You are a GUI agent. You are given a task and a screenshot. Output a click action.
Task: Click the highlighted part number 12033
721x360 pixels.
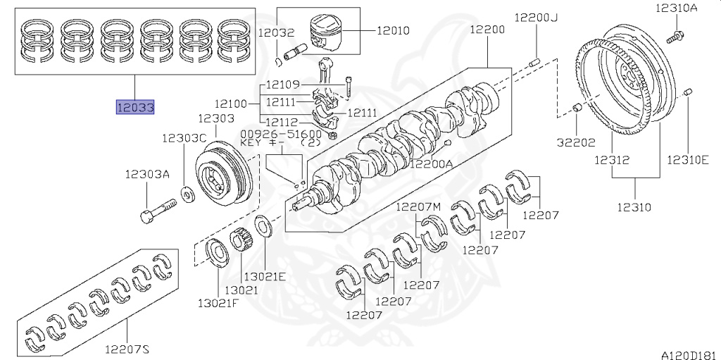click(x=135, y=107)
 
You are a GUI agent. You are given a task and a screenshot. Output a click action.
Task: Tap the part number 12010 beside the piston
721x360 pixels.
click(x=394, y=31)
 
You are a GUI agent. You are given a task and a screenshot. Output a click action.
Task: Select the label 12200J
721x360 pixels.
click(x=534, y=17)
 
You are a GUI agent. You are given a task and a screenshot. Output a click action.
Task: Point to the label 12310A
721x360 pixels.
click(x=677, y=8)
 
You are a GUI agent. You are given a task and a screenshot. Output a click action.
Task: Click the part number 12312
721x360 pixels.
click(x=610, y=160)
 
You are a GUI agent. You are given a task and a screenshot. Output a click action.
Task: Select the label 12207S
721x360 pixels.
click(x=127, y=349)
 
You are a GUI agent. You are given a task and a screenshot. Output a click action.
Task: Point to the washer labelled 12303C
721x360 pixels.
click(x=189, y=192)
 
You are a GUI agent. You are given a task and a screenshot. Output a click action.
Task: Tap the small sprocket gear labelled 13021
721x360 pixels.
click(x=240, y=243)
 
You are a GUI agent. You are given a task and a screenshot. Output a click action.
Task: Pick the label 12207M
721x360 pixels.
click(x=418, y=206)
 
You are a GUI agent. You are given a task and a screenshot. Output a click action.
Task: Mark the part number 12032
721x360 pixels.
click(x=276, y=32)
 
